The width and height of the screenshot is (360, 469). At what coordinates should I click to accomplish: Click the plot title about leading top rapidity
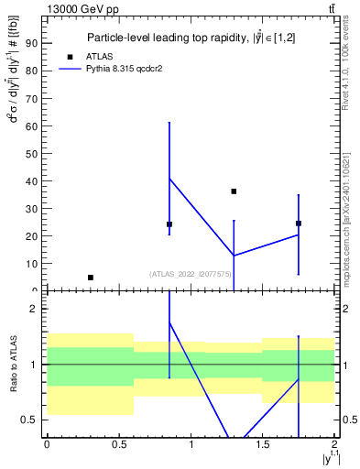click(x=191, y=38)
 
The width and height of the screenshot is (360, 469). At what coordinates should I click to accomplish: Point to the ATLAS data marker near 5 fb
click(x=90, y=277)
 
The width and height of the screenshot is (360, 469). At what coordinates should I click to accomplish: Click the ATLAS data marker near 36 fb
click(x=234, y=191)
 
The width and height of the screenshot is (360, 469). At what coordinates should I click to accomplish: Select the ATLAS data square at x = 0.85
click(x=169, y=224)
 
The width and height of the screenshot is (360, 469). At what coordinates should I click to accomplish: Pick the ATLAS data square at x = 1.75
click(x=299, y=223)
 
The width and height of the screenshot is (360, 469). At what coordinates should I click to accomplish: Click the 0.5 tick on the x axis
click(x=118, y=444)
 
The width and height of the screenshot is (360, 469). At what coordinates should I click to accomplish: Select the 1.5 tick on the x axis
click(x=263, y=444)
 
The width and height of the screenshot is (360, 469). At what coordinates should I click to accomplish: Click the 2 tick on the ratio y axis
click(x=34, y=310)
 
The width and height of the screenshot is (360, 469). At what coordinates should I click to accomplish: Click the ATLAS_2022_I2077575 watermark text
click(x=190, y=273)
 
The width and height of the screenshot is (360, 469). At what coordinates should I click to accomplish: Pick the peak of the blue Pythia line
click(x=169, y=178)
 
